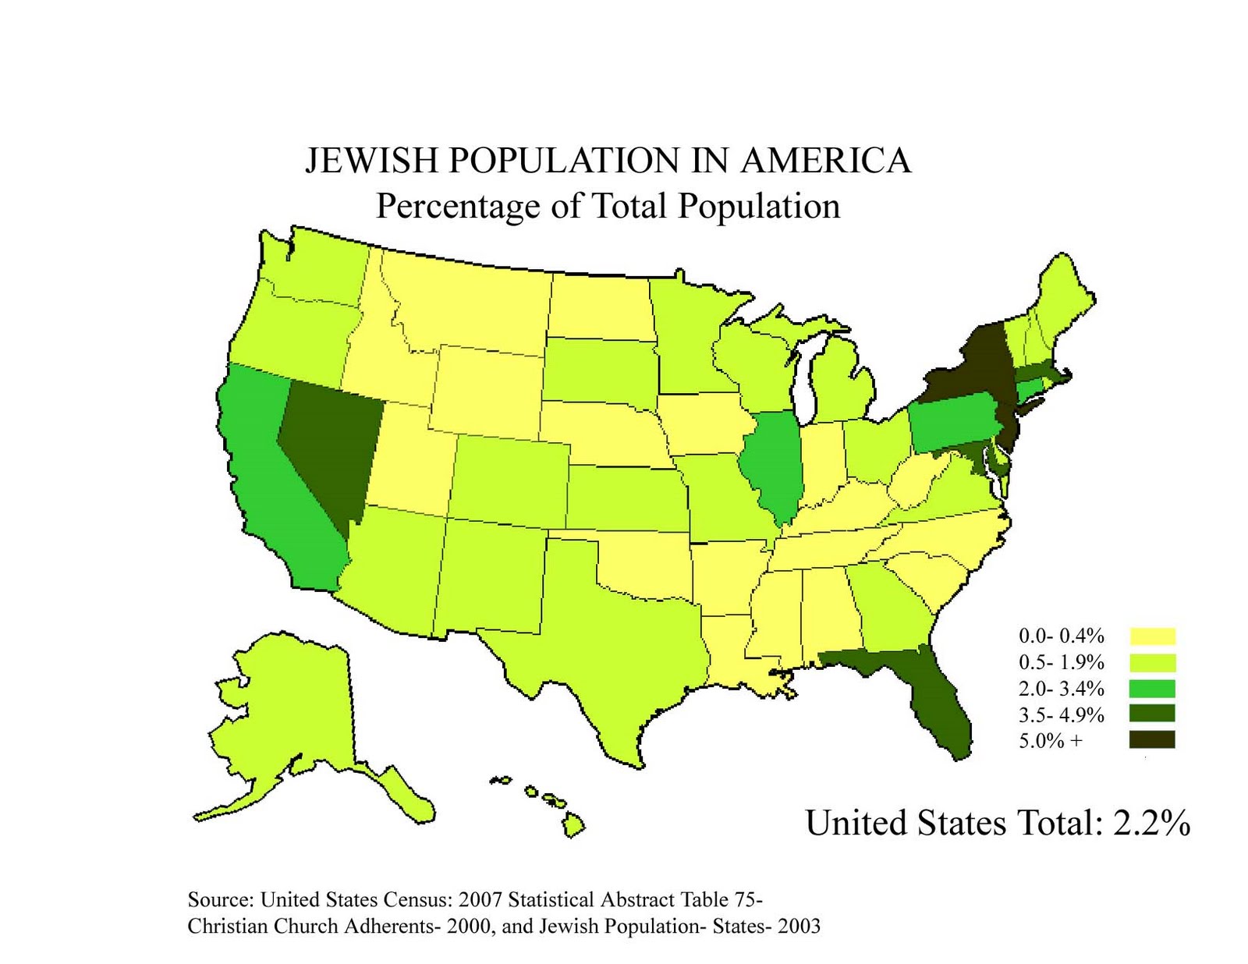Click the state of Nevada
click(328, 445)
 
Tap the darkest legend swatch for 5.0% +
click(1152, 739)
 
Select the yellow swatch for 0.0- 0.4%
click(1152, 636)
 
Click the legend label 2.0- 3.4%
click(1061, 689)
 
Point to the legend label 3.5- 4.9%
click(1061, 715)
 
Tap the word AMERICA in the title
click(825, 161)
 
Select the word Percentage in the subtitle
click(458, 207)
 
